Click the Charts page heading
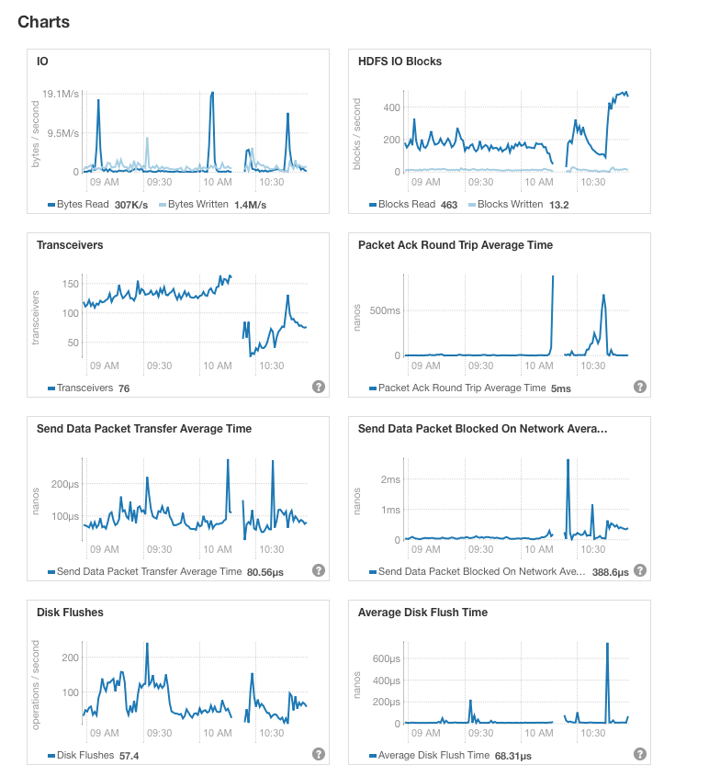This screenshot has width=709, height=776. click(x=43, y=21)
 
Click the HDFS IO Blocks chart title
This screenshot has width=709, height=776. click(x=400, y=62)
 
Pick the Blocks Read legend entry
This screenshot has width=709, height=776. click(x=406, y=204)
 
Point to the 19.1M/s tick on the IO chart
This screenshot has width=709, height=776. click(x=62, y=94)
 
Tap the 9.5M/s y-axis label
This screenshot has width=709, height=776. click(x=63, y=133)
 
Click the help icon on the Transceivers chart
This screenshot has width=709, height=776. click(x=319, y=387)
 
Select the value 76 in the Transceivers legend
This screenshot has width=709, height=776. click(x=124, y=388)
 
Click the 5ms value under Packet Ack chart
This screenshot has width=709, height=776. click(x=560, y=388)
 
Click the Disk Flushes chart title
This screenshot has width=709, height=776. click(x=70, y=613)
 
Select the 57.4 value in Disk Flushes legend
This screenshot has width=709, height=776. click(x=129, y=756)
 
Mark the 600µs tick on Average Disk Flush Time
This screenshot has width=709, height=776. click(x=384, y=658)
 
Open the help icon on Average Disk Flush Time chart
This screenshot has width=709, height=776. click(x=640, y=754)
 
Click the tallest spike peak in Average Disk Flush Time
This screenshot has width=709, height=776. click(x=607, y=644)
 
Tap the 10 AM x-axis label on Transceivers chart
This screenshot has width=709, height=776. click(x=218, y=366)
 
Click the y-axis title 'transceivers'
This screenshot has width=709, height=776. click(x=37, y=318)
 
